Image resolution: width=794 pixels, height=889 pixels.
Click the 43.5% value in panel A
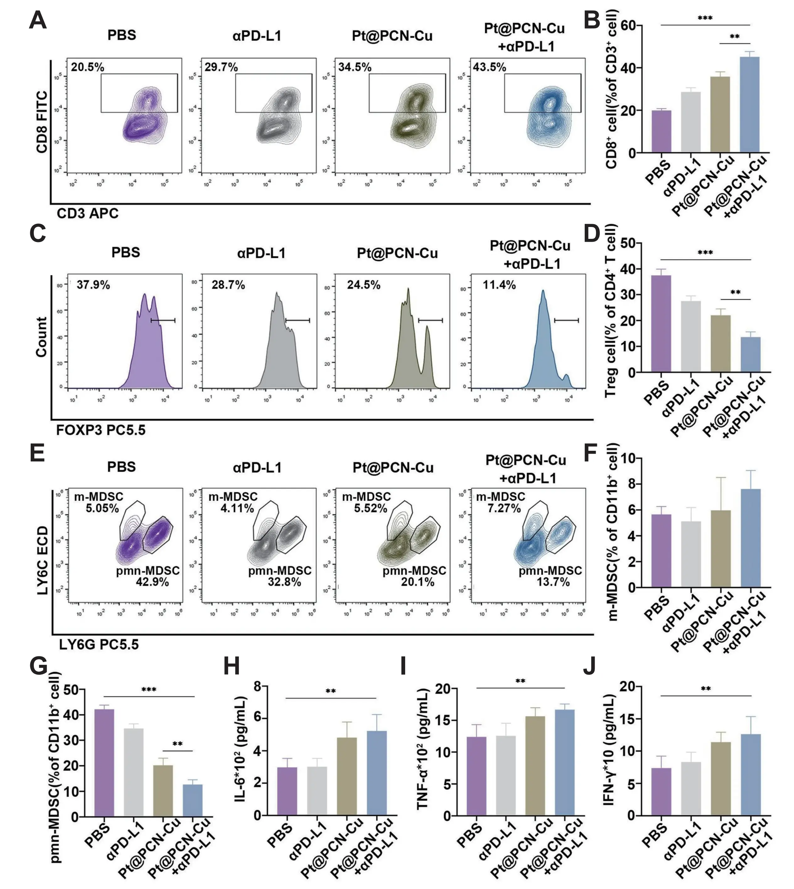click(490, 67)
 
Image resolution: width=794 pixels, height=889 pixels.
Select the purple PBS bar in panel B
click(661, 131)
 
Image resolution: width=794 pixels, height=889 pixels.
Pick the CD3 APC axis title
click(88, 213)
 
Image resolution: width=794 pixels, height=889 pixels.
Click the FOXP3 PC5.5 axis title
click(101, 430)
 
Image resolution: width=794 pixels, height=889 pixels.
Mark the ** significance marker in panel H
click(331, 691)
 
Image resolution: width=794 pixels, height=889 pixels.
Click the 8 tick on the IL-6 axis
click(257, 687)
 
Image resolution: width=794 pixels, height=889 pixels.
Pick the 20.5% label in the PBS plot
click(88, 67)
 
